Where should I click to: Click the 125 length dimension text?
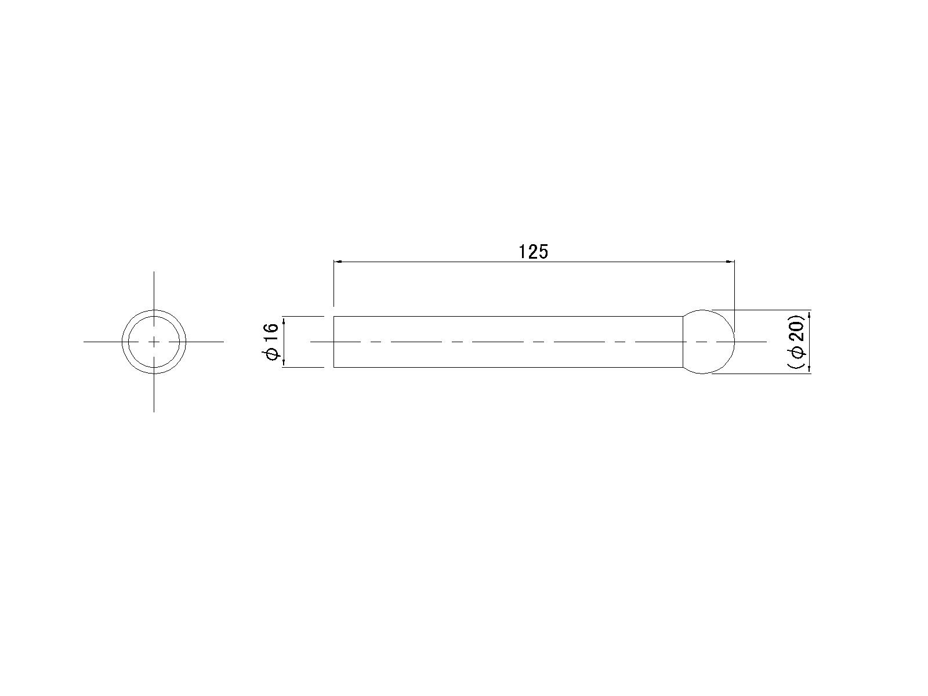[533, 252]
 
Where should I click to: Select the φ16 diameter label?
[271, 342]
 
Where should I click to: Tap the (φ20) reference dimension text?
[796, 342]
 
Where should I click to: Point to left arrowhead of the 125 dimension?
[338, 262]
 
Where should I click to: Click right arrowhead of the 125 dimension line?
[731, 262]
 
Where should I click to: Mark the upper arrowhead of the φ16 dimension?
[284, 320]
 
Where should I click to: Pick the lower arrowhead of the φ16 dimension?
[284, 364]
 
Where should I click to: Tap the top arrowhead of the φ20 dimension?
[809, 314]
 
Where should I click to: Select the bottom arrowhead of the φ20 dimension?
[809, 369]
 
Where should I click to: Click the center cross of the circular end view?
[154, 342]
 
